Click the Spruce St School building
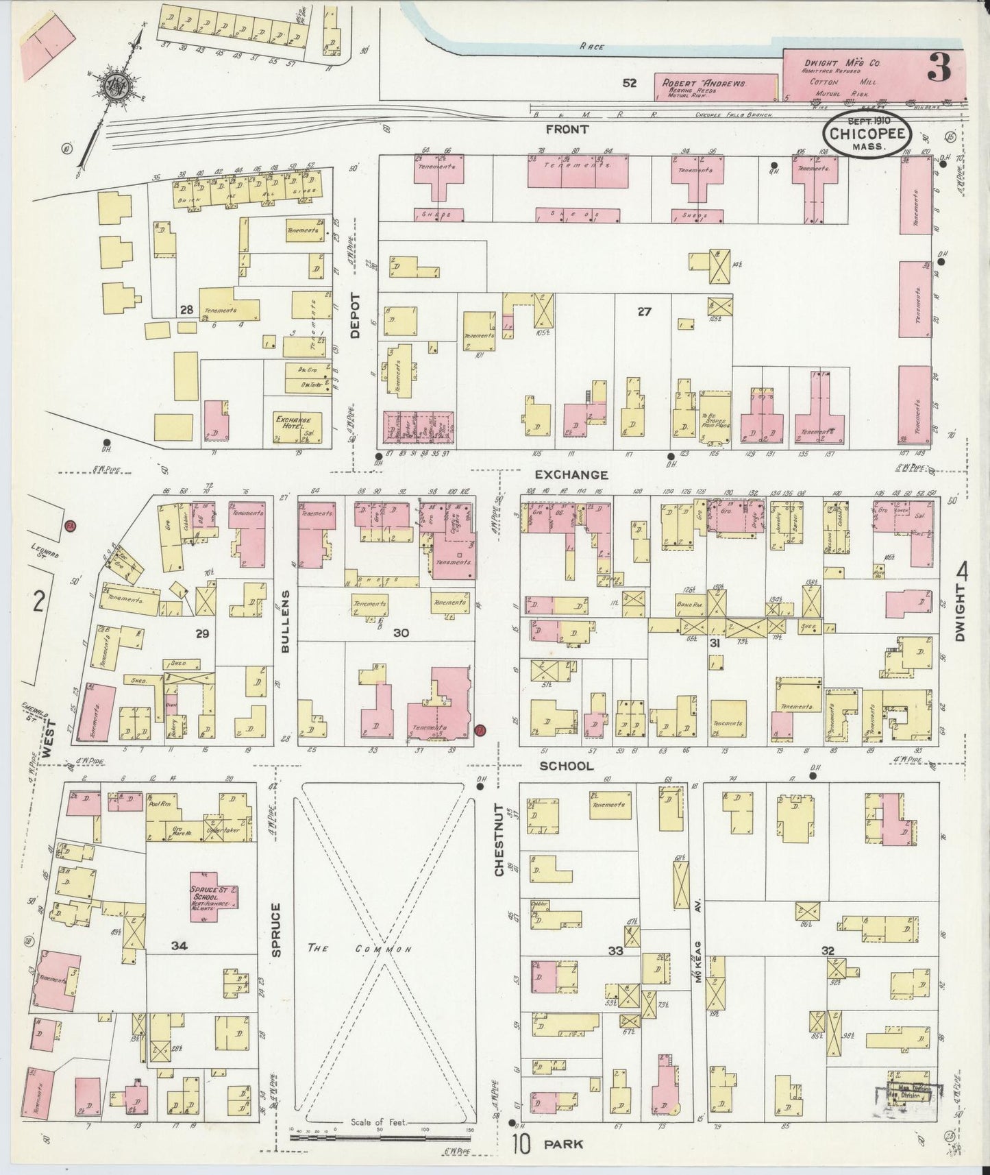213,896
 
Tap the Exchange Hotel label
293,423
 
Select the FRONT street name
568,128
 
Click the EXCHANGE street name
571,474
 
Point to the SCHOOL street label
567,766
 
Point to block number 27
643,312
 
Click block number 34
180,946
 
